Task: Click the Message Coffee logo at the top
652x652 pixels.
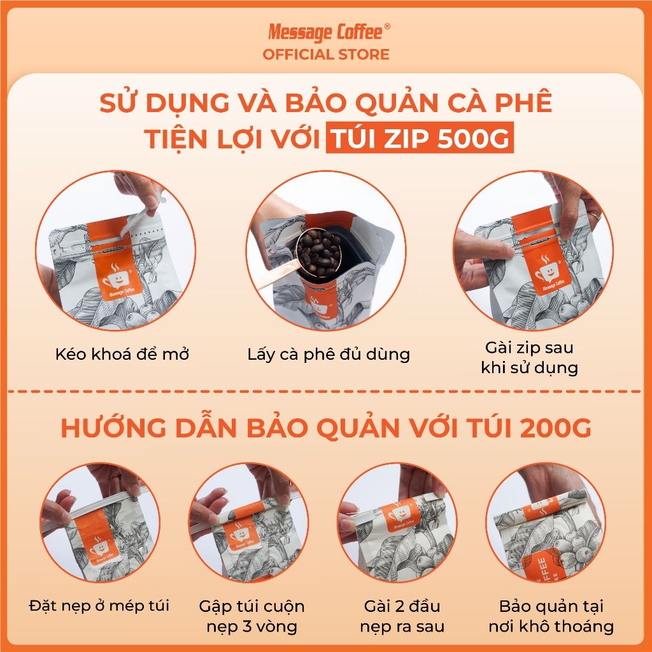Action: click(325, 31)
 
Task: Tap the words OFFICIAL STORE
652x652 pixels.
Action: click(325, 55)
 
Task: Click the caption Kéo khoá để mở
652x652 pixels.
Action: click(122, 354)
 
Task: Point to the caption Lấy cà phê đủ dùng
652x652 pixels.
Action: click(329, 354)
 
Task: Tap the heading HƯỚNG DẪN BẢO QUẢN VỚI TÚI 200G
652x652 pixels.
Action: click(325, 429)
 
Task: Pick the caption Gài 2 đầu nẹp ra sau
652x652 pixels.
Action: click(401, 616)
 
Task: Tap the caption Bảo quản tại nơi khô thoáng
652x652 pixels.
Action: click(551, 616)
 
